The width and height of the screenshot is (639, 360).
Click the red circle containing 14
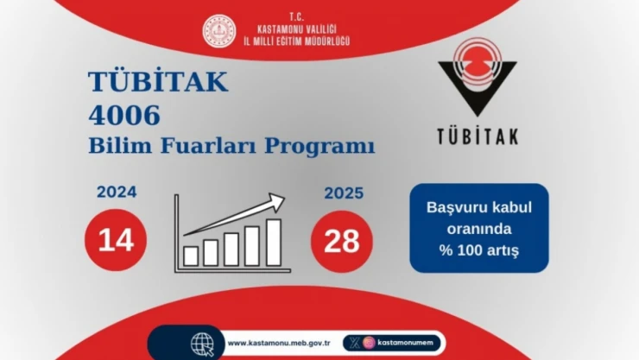point(116,241)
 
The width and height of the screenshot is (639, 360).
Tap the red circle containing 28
point(341,241)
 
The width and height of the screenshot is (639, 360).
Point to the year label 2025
point(344,193)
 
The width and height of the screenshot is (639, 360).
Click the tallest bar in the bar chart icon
point(273,243)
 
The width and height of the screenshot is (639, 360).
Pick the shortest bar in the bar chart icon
point(191,256)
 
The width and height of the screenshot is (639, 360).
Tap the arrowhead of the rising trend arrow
point(277,201)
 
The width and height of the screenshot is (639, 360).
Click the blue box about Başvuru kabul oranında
point(478,228)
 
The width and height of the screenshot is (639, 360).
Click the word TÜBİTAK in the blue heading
point(158,81)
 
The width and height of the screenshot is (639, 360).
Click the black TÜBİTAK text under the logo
point(477,136)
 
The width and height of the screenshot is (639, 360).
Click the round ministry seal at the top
point(218,32)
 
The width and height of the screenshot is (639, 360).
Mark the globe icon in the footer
point(202,343)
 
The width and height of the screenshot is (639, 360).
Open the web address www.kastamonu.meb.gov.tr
point(281,344)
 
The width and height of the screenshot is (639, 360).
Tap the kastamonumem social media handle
point(408,344)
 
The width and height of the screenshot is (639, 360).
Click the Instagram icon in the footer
point(369,344)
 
